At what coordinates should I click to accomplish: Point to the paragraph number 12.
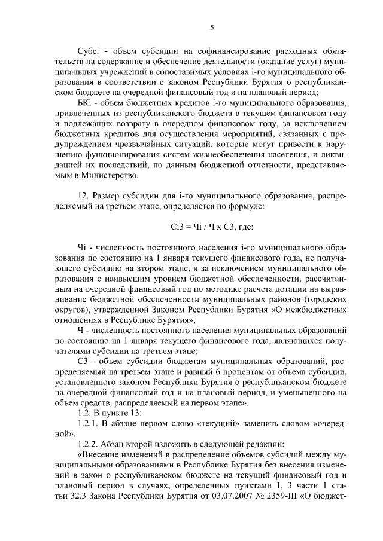[84, 196]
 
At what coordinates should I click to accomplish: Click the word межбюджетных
[317, 311]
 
